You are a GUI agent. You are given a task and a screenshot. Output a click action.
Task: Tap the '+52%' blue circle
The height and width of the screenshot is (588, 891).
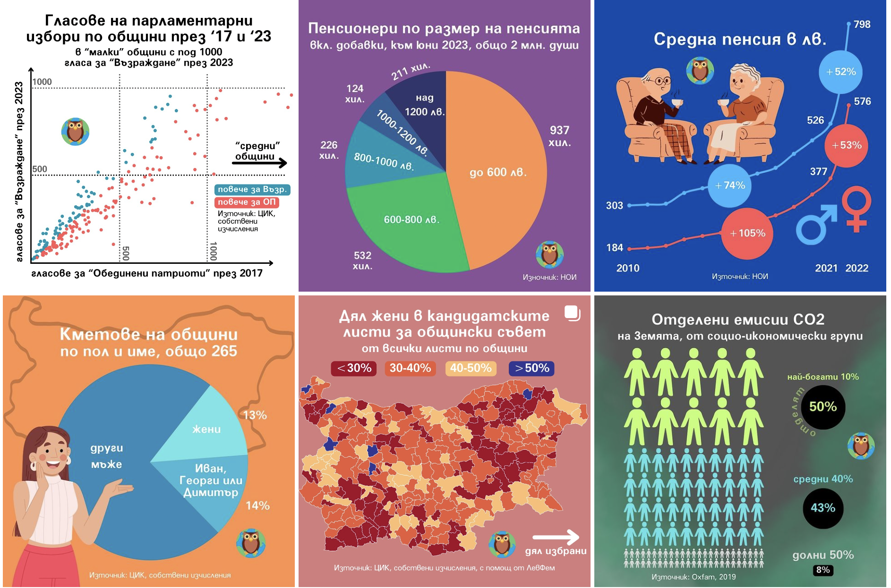(x=841, y=72)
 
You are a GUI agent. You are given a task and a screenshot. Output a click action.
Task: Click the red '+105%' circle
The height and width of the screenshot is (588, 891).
(x=747, y=233)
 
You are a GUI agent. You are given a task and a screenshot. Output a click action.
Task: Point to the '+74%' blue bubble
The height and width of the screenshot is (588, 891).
(x=730, y=185)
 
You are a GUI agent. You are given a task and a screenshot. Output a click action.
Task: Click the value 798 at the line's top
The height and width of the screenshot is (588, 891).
(x=862, y=25)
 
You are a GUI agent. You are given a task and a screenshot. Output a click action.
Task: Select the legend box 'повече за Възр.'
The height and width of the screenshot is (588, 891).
(x=252, y=189)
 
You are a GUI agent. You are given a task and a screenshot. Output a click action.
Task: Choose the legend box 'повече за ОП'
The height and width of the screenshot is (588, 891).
(x=247, y=202)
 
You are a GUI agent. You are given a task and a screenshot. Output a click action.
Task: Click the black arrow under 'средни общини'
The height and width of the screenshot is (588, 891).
(x=259, y=163)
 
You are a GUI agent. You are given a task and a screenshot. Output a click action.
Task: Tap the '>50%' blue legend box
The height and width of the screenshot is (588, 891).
(x=531, y=368)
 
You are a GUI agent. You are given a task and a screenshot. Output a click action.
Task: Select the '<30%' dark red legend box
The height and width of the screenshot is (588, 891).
(x=354, y=368)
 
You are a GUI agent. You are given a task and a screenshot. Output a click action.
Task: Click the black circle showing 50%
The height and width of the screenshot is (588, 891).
(x=823, y=407)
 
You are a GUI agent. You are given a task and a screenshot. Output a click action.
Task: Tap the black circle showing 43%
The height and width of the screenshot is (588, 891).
(x=823, y=508)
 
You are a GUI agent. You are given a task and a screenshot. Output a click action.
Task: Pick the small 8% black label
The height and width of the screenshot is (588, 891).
(x=823, y=570)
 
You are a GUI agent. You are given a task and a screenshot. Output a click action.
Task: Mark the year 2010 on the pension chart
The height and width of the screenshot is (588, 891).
(x=628, y=268)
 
